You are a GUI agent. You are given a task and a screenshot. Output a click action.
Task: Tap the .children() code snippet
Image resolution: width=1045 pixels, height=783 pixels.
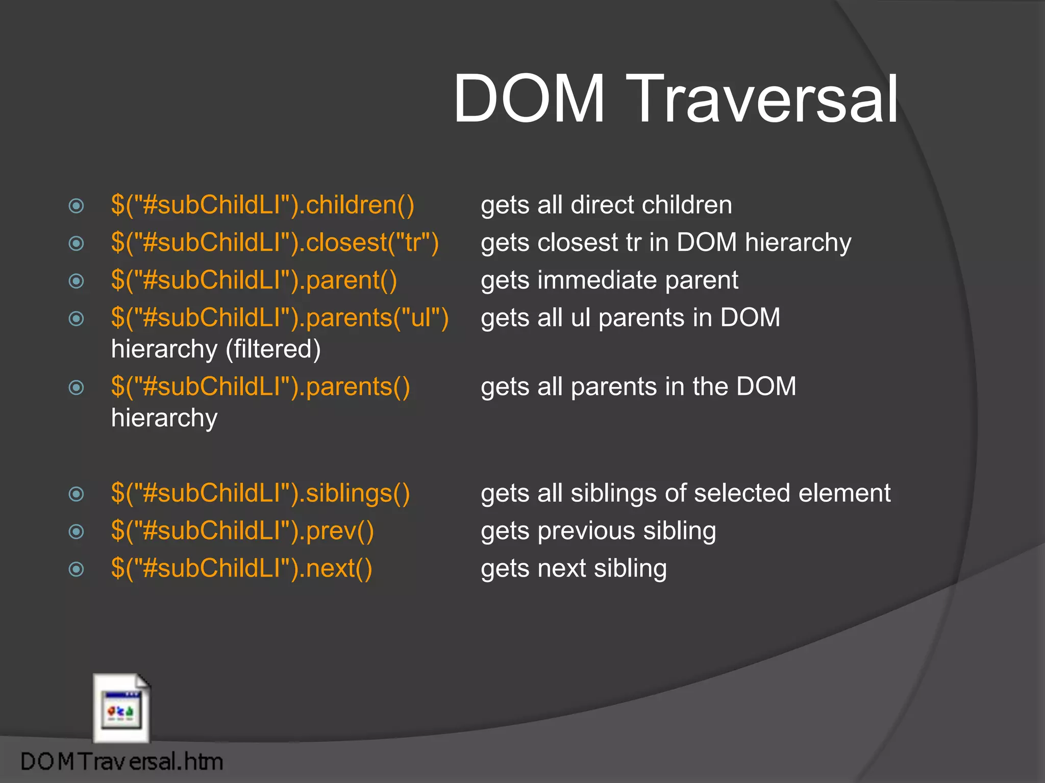click(x=263, y=205)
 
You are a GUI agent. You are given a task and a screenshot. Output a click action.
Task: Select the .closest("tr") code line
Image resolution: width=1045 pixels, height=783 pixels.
click(x=275, y=243)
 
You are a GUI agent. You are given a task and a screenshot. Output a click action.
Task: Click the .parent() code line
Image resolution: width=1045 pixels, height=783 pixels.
click(x=254, y=280)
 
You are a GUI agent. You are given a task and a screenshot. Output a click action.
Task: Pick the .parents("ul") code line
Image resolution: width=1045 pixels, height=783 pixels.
click(x=280, y=318)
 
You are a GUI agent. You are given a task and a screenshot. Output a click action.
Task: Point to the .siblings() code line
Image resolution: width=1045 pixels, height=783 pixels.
click(x=261, y=493)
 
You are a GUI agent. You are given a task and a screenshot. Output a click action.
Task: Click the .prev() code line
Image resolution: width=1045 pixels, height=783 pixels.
click(x=242, y=531)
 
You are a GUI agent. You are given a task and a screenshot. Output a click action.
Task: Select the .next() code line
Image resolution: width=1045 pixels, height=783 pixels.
click(x=241, y=569)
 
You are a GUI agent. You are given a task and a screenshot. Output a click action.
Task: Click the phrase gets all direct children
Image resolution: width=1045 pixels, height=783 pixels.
click(x=606, y=205)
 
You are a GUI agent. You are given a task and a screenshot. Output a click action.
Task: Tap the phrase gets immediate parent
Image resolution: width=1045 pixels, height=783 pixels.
click(x=609, y=280)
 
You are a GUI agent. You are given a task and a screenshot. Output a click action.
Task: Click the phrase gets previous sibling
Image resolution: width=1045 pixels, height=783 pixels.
click(x=598, y=531)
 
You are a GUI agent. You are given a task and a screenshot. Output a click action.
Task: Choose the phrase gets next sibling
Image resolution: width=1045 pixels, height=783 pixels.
click(x=574, y=569)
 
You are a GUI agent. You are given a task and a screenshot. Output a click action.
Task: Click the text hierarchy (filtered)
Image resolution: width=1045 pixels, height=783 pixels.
click(x=216, y=350)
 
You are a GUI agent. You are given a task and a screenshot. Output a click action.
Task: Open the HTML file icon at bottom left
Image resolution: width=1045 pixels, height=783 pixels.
click(x=121, y=709)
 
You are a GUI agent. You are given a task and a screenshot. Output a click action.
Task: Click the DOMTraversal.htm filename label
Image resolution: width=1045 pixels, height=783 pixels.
click(x=121, y=762)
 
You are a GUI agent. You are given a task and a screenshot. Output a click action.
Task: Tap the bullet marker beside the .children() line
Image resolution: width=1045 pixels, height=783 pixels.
click(x=76, y=206)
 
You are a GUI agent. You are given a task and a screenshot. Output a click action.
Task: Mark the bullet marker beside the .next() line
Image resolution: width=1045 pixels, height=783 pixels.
click(x=76, y=569)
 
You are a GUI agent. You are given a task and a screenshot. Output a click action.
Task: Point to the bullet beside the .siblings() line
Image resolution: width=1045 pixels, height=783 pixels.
click(x=76, y=493)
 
